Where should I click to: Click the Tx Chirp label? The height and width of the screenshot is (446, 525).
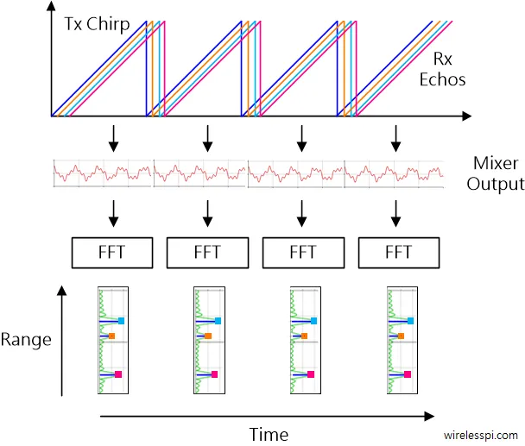[96, 24]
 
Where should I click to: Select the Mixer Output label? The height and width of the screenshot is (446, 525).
[498, 173]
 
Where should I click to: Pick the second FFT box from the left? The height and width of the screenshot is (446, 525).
[207, 253]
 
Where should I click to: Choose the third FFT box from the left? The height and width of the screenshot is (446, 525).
[302, 253]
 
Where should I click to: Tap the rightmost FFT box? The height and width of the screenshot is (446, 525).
[397, 253]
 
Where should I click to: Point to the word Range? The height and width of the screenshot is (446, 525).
[26, 339]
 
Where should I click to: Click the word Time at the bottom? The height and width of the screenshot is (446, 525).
[269, 434]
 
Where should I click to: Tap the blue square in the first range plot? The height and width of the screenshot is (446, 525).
[122, 321]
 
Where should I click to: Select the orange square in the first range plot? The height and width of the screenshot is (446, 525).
[112, 336]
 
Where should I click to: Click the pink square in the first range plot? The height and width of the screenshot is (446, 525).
[118, 374]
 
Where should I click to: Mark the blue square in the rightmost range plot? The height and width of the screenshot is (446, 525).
[408, 321]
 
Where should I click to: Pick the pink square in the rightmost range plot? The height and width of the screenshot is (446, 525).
[405, 374]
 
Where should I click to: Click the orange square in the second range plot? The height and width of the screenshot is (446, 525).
[208, 336]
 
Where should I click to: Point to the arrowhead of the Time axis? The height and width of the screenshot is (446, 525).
[428, 416]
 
